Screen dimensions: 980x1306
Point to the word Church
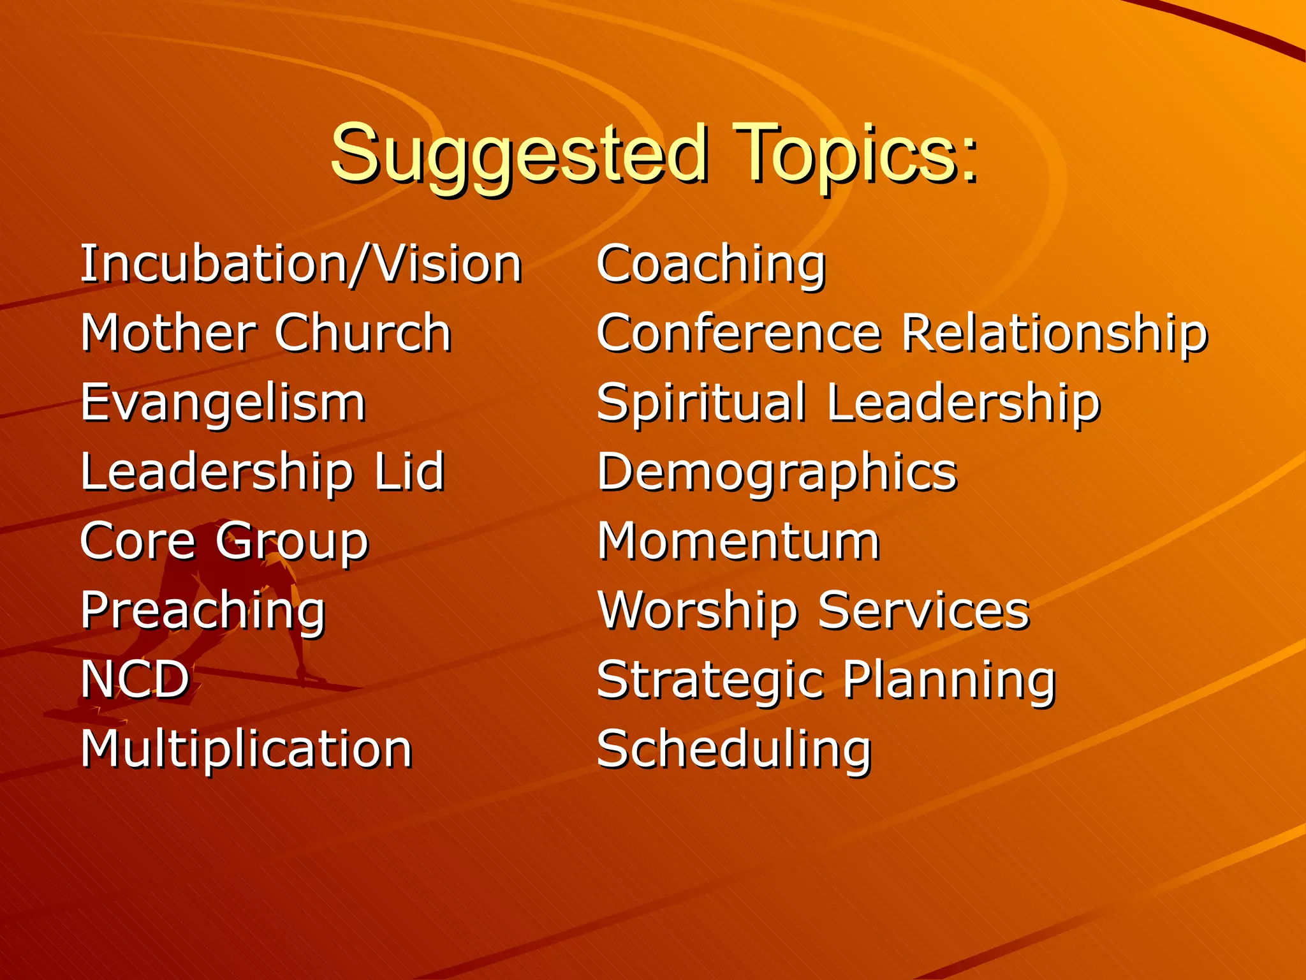[x=363, y=333]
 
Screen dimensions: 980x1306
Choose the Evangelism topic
[x=223, y=403]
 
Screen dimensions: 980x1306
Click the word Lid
[x=409, y=471]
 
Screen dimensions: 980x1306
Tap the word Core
[x=138, y=541]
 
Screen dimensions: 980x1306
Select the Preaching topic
[x=203, y=611]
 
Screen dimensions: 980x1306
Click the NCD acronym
[x=135, y=679]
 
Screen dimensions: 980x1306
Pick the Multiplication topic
[x=246, y=748]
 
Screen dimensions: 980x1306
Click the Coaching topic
[x=711, y=264]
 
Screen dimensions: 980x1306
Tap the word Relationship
[x=1055, y=333]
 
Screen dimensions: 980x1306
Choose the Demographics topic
[x=777, y=473]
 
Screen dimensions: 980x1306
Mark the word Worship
[x=698, y=611]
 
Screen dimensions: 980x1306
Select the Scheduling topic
[x=734, y=748]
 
